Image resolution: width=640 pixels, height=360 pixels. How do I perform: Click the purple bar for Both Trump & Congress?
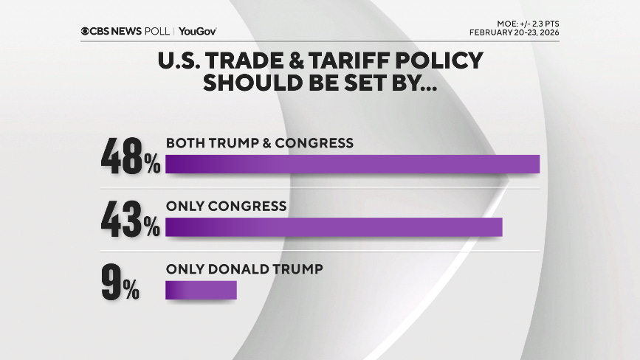(x=352, y=164)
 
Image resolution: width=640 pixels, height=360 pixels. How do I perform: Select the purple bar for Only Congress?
(x=334, y=227)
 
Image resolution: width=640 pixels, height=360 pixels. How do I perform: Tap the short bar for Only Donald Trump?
(x=201, y=290)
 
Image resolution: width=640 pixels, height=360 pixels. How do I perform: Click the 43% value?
(x=131, y=220)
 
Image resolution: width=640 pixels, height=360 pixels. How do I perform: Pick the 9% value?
(x=120, y=283)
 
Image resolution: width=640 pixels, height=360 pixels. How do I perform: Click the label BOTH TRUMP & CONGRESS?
(x=259, y=143)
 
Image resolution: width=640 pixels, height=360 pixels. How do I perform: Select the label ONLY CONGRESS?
(x=226, y=207)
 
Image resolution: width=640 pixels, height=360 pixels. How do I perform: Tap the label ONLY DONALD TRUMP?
(x=244, y=270)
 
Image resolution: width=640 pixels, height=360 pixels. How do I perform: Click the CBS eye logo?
(x=86, y=31)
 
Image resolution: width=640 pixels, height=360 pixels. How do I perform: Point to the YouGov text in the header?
(x=197, y=31)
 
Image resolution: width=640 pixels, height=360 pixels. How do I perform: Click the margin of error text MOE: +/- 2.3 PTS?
(x=522, y=24)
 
